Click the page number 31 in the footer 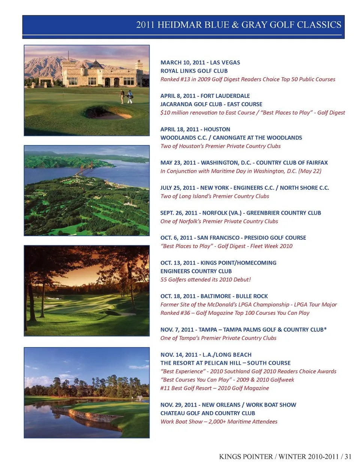[348, 457]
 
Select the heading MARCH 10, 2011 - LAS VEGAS [200, 63]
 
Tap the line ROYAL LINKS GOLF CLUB [194, 71]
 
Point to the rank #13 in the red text [184, 79]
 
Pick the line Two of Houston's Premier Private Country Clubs [220, 146]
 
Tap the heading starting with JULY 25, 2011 [244, 188]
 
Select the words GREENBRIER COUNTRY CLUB [283, 213]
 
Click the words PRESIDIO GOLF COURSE [275, 238]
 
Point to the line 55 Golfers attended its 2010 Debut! [205, 280]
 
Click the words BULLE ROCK [252, 296]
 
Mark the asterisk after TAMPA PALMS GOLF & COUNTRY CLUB [325, 329]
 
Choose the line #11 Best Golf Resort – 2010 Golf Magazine [214, 388]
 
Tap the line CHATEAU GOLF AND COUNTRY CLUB [208, 413]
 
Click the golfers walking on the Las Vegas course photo [126, 97]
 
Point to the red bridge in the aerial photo [87, 169]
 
